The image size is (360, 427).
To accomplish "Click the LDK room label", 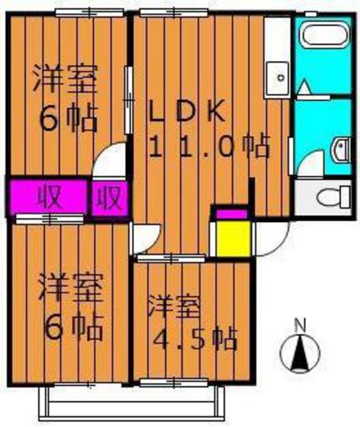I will coord(186,112).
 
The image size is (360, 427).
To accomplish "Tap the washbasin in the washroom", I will coord(342,146).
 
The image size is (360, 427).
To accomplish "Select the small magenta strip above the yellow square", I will coord(231,213).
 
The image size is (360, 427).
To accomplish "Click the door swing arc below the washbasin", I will coord(309,165).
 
